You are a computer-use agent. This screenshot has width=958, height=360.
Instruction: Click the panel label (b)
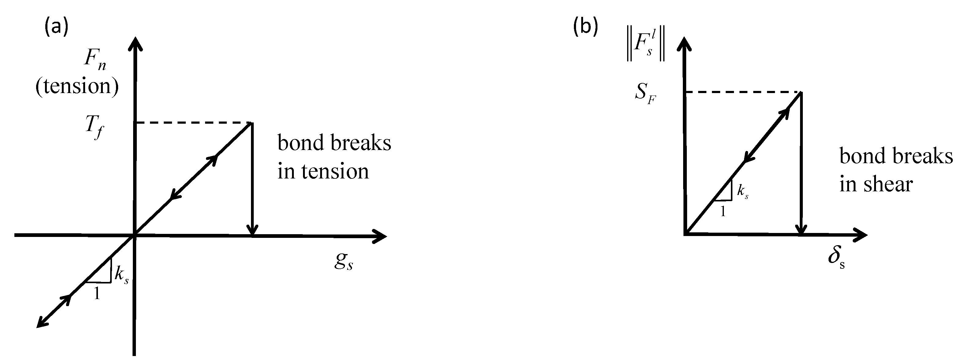click(x=586, y=28)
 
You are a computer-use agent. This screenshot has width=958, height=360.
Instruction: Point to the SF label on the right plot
click(x=645, y=94)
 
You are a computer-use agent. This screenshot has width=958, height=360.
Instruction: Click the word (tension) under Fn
click(x=77, y=86)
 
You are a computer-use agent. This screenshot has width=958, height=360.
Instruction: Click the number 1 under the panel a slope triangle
click(x=97, y=294)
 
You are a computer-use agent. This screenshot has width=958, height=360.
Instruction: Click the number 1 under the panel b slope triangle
click(x=723, y=212)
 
